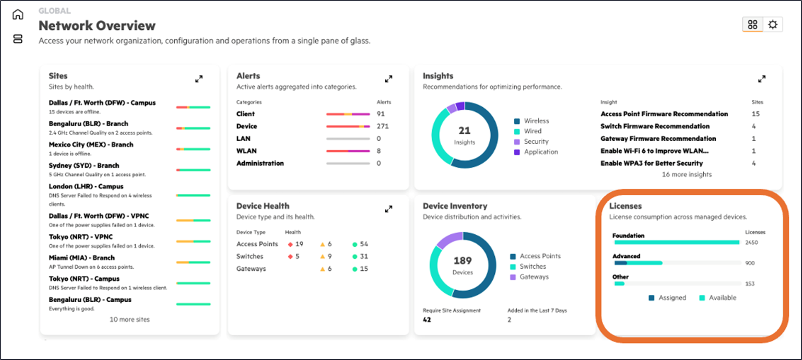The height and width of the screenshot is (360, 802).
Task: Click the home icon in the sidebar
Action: click(18, 15)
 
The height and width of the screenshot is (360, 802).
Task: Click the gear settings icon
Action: click(773, 25)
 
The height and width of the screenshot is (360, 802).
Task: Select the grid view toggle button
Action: click(752, 25)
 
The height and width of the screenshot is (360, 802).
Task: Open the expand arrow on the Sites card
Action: click(199, 79)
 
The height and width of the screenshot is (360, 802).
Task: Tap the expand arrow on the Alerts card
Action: click(389, 79)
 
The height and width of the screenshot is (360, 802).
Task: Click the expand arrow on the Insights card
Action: click(762, 79)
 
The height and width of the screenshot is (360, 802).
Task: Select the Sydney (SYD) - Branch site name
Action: click(84, 165)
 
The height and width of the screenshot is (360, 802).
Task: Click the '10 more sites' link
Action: click(129, 319)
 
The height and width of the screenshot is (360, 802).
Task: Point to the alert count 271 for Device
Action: click(382, 126)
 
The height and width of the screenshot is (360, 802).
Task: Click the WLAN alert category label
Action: click(246, 151)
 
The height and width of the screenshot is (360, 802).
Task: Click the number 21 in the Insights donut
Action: click(464, 130)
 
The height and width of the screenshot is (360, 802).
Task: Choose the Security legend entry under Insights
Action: click(536, 142)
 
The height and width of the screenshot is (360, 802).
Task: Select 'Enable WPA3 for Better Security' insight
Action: click(651, 163)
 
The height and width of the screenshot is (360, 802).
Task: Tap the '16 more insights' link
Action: click(687, 174)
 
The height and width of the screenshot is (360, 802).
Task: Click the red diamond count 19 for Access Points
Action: click(299, 244)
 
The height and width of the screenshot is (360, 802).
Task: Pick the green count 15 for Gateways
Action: click(364, 268)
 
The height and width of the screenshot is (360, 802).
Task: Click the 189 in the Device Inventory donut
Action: click(462, 261)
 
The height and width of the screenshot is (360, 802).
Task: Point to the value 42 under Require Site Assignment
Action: click(427, 320)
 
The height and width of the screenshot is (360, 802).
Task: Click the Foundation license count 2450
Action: click(752, 243)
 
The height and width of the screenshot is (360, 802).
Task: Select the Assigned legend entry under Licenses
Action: click(672, 298)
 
